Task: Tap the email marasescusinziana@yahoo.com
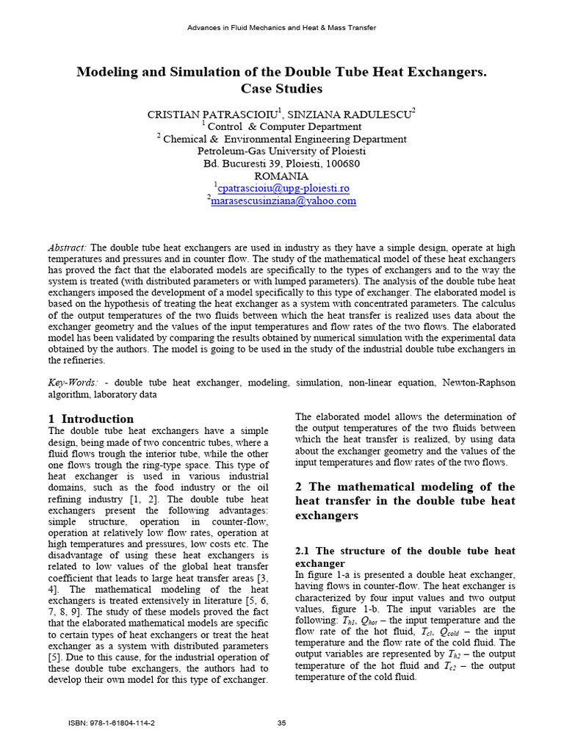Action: click(283, 201)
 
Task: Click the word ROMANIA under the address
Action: click(282, 176)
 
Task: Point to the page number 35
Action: click(281, 723)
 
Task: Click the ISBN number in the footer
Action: click(112, 723)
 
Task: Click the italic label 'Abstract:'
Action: click(68, 248)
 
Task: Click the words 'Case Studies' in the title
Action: click(282, 89)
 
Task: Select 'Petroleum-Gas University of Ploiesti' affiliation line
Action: click(282, 151)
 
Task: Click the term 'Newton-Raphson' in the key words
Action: click(479, 383)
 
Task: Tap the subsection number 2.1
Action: click(304, 551)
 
